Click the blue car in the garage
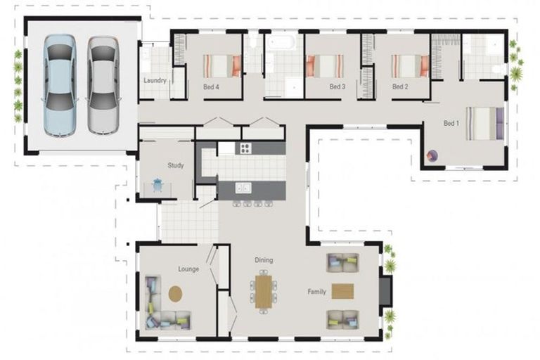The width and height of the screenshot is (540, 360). [60, 85]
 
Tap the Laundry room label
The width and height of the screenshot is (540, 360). [155, 81]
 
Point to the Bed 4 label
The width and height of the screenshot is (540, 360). [211, 87]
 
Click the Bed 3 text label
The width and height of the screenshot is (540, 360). [337, 87]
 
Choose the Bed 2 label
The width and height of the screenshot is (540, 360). [399, 87]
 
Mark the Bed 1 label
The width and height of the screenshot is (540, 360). [451, 123]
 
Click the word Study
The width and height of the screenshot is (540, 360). [175, 166]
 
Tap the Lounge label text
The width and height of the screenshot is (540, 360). [188, 269]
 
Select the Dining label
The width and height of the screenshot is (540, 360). [264, 260]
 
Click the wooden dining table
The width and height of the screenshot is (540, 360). [263, 291]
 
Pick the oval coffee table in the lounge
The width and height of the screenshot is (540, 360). [175, 292]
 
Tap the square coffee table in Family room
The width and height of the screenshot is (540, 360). [342, 290]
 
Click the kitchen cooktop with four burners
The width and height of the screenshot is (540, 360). [245, 148]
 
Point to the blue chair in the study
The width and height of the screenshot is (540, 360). [157, 185]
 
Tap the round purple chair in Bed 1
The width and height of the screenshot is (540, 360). [432, 155]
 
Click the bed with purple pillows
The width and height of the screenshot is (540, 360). [484, 124]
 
